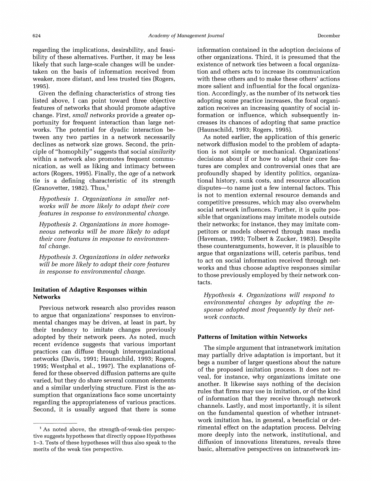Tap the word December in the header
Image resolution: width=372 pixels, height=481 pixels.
click(x=329, y=36)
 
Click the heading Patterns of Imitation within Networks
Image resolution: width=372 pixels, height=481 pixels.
click(x=252, y=337)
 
